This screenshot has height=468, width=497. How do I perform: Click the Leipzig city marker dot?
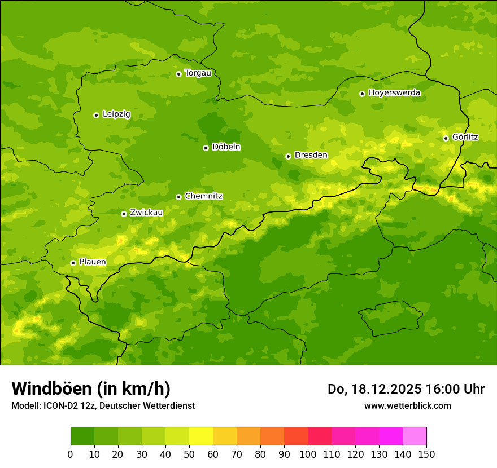click(x=96, y=115)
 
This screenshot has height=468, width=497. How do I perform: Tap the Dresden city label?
click(x=311, y=155)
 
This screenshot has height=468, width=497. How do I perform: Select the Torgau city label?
click(x=198, y=73)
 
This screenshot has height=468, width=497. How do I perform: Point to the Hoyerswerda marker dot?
click(x=362, y=94)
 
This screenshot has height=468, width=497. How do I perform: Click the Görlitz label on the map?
click(x=465, y=137)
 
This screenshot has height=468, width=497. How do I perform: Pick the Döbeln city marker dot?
click(x=206, y=148)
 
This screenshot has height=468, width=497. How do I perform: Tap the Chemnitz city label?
click(x=203, y=196)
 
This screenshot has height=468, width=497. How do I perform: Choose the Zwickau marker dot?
click(x=124, y=214)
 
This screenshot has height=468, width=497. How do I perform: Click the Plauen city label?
click(x=92, y=262)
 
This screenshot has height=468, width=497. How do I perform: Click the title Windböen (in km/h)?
click(x=91, y=388)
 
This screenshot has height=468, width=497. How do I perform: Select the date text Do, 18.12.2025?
click(x=373, y=389)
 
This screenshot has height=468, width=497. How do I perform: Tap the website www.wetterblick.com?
click(x=407, y=405)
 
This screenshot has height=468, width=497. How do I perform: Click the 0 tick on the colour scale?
click(x=71, y=453)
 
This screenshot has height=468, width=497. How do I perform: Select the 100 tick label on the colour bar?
click(x=308, y=453)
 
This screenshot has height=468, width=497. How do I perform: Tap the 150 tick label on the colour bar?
click(x=426, y=453)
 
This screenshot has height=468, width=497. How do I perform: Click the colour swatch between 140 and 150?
click(x=415, y=436)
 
